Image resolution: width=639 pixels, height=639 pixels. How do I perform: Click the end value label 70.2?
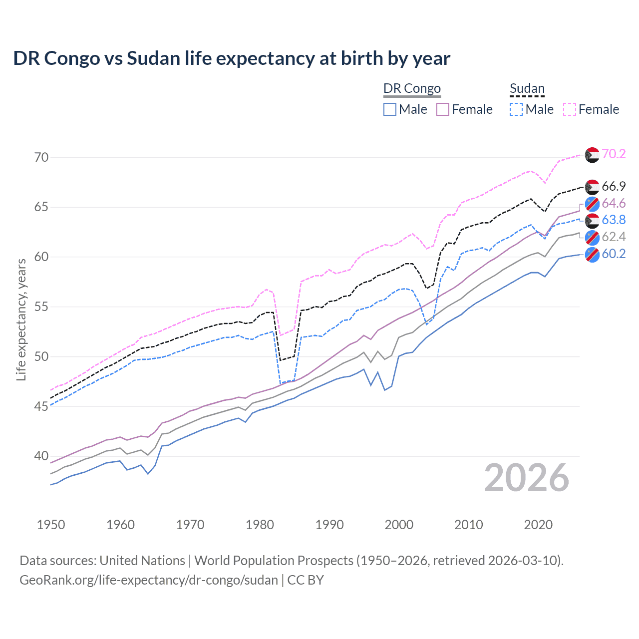point(614,154)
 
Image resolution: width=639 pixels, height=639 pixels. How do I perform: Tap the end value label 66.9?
point(614,187)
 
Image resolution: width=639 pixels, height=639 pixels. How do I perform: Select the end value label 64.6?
point(614,204)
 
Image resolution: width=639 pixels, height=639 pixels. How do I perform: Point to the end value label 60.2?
point(614,254)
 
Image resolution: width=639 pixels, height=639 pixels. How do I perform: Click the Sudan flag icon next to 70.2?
point(592,155)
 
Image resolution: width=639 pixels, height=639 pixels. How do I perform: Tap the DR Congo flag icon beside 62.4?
point(592,237)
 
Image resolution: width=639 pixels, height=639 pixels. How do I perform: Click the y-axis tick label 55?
point(42,307)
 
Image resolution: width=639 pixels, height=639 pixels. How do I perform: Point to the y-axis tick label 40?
point(42,456)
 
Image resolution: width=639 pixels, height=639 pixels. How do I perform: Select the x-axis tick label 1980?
point(260,525)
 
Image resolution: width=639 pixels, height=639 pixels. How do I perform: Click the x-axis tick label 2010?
point(468,525)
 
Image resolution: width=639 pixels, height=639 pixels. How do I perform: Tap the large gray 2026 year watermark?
point(527,478)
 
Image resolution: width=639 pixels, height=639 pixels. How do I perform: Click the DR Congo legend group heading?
point(412,89)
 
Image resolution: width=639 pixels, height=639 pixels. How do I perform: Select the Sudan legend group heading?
point(527,89)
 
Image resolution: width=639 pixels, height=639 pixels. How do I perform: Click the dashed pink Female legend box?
point(570,109)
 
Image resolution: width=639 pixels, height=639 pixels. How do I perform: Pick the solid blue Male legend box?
point(390,109)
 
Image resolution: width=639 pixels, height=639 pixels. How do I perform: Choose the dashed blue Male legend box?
point(516,109)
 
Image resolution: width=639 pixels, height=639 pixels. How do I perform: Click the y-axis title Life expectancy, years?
point(21,320)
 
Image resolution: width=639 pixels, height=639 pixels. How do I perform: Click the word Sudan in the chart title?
point(153,58)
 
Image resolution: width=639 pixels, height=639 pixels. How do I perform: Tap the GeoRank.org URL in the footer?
point(149,580)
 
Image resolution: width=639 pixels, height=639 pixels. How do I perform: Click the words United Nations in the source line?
point(142,561)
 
